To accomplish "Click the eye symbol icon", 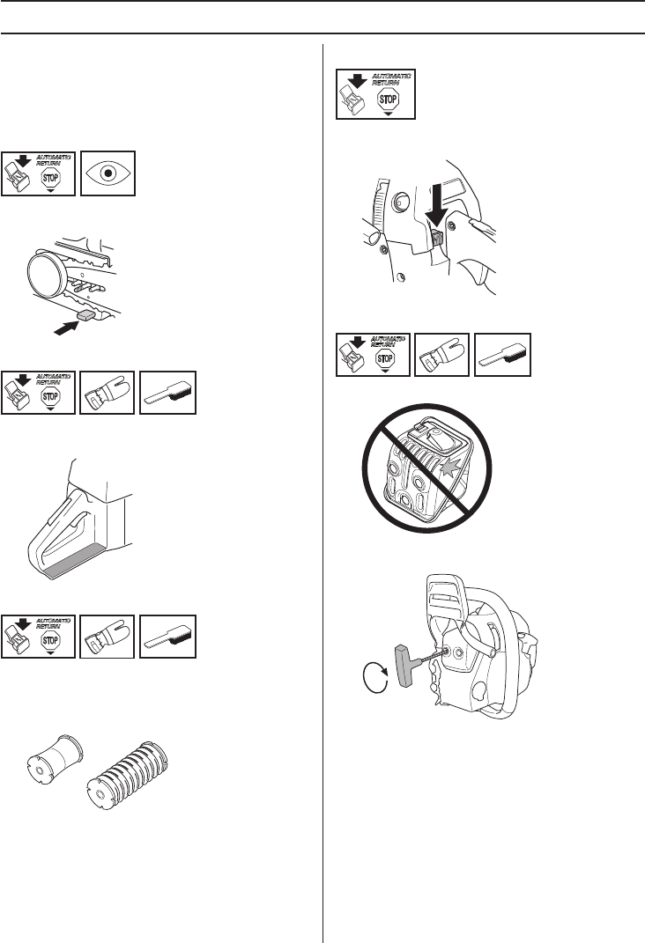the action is (x=108, y=173).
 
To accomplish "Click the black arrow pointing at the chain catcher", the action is (x=66, y=328).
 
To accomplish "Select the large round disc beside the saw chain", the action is (x=47, y=274).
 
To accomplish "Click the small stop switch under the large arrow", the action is (x=437, y=238).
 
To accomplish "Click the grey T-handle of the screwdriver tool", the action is (x=403, y=665).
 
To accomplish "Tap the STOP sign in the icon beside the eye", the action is (x=50, y=178).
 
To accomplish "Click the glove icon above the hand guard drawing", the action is (x=107, y=393).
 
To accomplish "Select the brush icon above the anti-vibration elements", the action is (x=168, y=637).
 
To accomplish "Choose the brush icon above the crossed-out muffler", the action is (x=502, y=356).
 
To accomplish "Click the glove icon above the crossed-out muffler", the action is (x=441, y=355).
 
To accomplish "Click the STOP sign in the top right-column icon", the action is (x=388, y=99).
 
